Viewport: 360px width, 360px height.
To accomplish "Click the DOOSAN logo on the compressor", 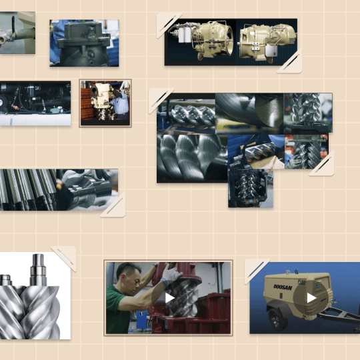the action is [x=283, y=287].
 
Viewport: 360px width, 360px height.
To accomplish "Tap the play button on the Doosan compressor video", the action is [x=311, y=298].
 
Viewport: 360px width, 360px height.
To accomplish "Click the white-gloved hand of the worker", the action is [x=172, y=274].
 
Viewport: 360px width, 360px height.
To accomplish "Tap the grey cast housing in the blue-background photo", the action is [x=84, y=43].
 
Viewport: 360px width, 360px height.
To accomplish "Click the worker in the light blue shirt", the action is [x=120, y=102].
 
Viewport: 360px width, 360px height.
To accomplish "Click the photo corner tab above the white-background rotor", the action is [x=64, y=258].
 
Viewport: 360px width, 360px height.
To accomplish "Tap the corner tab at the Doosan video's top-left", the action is [x=257, y=271].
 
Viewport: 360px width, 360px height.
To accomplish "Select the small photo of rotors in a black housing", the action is [x=251, y=188].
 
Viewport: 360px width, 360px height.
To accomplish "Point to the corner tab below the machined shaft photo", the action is [x=113, y=205].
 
